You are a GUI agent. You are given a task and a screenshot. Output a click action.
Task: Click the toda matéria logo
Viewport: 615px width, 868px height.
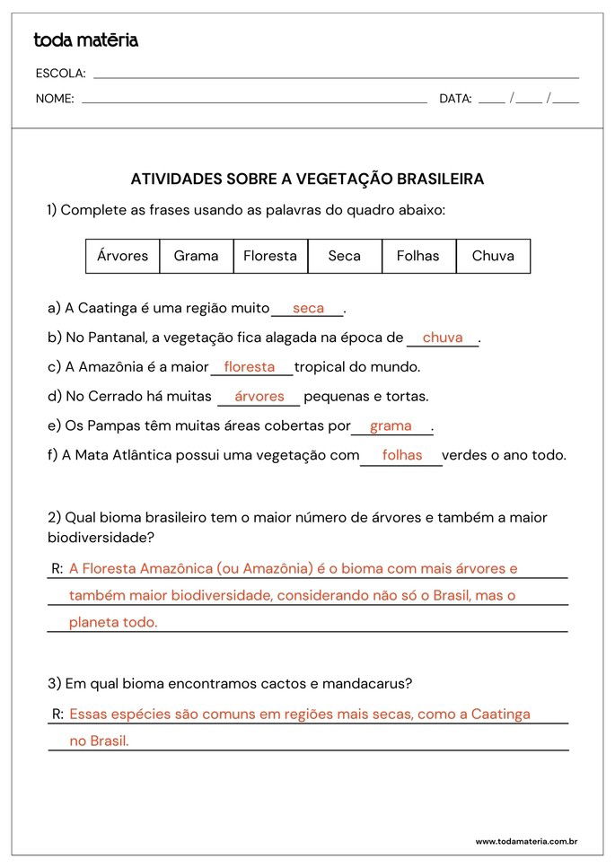pyautogui.click(x=86, y=40)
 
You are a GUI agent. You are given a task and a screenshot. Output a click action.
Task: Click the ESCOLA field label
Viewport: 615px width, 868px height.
pyautogui.click(x=60, y=74)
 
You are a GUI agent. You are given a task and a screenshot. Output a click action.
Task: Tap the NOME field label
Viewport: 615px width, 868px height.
pyautogui.click(x=55, y=99)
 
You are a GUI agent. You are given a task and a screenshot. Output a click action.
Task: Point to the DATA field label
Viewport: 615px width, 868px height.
pyautogui.click(x=455, y=99)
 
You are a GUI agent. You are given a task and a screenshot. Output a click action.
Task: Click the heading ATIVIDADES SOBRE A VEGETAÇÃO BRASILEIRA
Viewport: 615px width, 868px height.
pyautogui.click(x=307, y=180)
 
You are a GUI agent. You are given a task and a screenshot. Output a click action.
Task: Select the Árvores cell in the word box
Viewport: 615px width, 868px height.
pyautogui.click(x=123, y=256)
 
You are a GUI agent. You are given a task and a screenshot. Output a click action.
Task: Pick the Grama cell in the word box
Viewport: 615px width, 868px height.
pyautogui.click(x=197, y=256)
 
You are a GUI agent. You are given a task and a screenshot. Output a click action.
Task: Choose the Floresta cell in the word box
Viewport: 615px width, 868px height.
pyautogui.click(x=270, y=256)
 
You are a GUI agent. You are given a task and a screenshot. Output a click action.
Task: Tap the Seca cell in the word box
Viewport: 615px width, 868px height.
pyautogui.click(x=345, y=256)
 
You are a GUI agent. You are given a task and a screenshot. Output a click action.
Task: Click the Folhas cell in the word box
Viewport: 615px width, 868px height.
pyautogui.click(x=418, y=256)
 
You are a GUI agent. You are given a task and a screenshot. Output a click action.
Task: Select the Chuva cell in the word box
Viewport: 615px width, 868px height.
pyautogui.click(x=493, y=256)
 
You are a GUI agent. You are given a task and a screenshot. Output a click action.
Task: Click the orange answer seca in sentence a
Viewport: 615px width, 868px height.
pyautogui.click(x=308, y=308)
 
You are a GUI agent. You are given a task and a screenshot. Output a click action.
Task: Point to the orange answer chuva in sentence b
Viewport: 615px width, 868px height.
pyautogui.click(x=443, y=338)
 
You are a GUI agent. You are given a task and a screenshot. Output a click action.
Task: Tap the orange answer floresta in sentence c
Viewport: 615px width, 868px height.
pyautogui.click(x=250, y=366)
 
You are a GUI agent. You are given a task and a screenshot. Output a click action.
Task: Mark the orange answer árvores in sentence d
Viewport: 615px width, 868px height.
pyautogui.click(x=259, y=396)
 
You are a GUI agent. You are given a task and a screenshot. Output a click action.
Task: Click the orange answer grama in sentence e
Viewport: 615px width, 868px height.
pyautogui.click(x=391, y=425)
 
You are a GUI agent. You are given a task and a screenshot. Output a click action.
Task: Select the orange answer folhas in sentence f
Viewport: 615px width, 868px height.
pyautogui.click(x=402, y=455)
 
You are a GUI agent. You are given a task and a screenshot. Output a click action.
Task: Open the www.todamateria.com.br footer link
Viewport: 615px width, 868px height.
pyautogui.click(x=525, y=841)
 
